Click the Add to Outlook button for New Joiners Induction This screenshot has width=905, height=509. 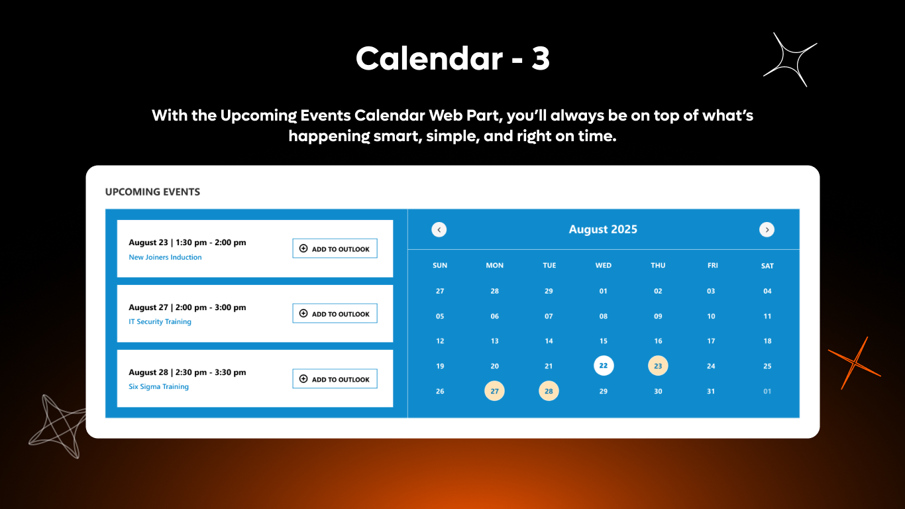(x=335, y=249)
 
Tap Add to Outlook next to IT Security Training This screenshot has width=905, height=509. (x=335, y=313)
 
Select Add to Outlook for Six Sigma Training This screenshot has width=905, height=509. (x=335, y=379)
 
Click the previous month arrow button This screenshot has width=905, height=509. (x=439, y=229)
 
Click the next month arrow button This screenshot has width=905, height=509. (x=767, y=229)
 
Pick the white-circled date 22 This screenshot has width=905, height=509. (x=603, y=365)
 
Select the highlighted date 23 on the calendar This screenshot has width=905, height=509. (x=658, y=365)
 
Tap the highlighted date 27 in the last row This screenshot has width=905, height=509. (x=494, y=391)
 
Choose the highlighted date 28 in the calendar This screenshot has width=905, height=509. (x=549, y=391)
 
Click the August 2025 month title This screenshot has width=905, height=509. (x=603, y=229)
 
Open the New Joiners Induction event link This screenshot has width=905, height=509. (x=165, y=257)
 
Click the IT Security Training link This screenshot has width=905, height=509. (x=160, y=321)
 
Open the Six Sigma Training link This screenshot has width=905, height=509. (x=158, y=386)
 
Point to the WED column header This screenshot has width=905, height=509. (x=603, y=265)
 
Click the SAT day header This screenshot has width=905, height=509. (x=767, y=266)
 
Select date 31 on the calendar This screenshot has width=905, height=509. (x=711, y=391)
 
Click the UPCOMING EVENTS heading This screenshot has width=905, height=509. (x=152, y=192)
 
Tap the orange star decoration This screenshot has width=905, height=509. (x=855, y=363)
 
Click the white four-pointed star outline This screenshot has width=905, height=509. (x=790, y=60)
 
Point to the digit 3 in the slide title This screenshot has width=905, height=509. (x=540, y=58)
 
